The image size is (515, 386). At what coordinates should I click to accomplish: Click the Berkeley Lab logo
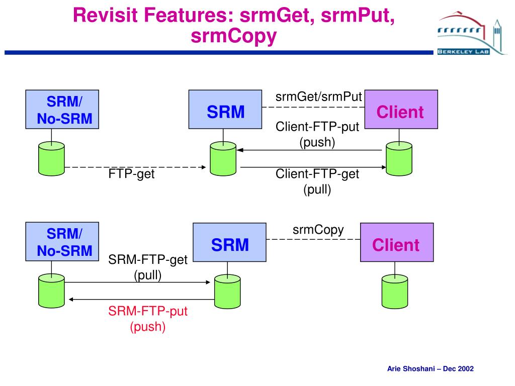(472, 33)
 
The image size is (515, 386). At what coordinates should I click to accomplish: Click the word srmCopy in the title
(233, 36)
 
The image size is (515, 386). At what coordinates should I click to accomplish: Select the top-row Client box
(401, 109)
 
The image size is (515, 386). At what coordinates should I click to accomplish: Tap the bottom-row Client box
(397, 242)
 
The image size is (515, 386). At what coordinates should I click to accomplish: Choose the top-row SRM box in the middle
(225, 109)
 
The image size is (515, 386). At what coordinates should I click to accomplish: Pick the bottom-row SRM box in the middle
(229, 242)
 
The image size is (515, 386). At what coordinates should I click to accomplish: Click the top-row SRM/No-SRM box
(62, 109)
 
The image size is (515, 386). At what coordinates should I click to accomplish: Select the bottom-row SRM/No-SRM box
(62, 242)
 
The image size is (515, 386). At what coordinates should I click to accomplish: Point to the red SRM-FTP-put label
(148, 311)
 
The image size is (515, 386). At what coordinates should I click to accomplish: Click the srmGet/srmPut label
(318, 97)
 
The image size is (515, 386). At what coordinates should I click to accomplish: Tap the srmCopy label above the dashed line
(318, 230)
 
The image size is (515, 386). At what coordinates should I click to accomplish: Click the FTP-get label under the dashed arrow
(131, 173)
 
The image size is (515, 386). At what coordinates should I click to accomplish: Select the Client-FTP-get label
(317, 173)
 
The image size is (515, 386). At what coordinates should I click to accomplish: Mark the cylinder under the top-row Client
(399, 159)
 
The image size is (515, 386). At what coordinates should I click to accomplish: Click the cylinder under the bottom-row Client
(395, 292)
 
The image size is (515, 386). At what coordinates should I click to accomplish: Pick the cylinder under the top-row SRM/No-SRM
(52, 159)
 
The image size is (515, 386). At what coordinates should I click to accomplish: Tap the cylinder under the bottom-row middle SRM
(227, 292)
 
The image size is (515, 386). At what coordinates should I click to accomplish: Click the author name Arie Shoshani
(411, 368)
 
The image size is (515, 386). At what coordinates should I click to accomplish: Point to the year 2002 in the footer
(466, 368)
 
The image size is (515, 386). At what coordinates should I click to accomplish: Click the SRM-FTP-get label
(148, 260)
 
